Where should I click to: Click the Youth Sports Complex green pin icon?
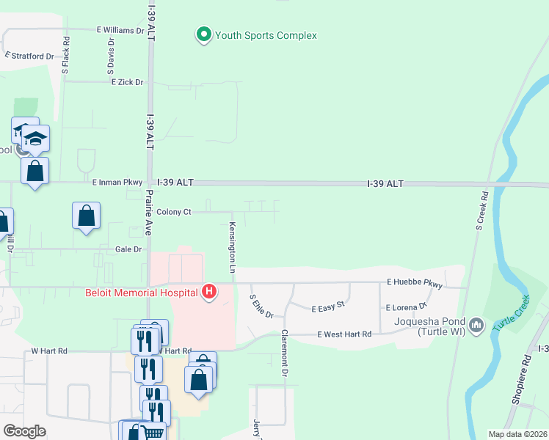pyautogui.click(x=203, y=34)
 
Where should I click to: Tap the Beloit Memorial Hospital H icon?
pyautogui.click(x=209, y=292)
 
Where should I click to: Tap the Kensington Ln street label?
pyautogui.click(x=231, y=248)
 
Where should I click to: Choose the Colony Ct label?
pyautogui.click(x=174, y=212)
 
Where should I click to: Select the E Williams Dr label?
pyautogui.click(x=121, y=30)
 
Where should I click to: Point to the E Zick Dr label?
pyautogui.click(x=127, y=82)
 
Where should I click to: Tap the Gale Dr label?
pyautogui.click(x=128, y=249)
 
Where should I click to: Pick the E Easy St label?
pyautogui.click(x=328, y=309)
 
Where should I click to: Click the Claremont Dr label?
pyautogui.click(x=283, y=353)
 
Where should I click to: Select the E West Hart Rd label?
pyautogui.click(x=344, y=334)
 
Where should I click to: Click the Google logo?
pyautogui.click(x=24, y=431)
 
